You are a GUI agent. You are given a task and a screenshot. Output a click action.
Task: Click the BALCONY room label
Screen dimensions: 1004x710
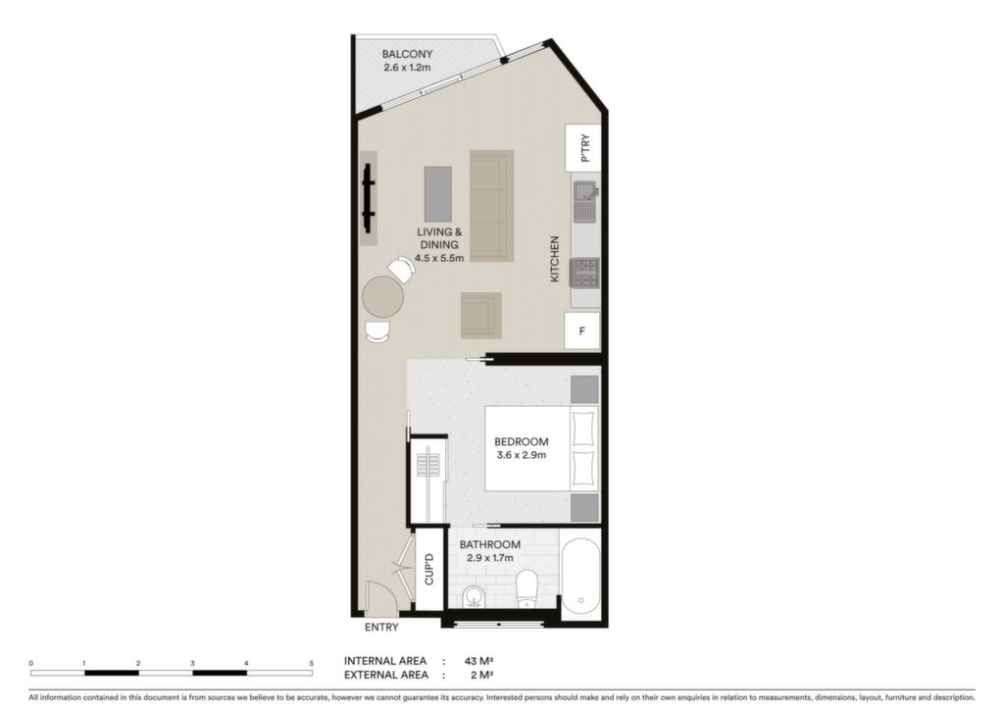[x=407, y=54]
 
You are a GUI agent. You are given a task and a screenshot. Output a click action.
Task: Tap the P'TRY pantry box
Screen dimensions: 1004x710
[x=582, y=148]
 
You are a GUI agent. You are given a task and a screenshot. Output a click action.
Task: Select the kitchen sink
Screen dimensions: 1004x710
[x=586, y=201]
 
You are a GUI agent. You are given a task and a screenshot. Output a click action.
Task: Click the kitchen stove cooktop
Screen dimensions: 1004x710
[x=585, y=272]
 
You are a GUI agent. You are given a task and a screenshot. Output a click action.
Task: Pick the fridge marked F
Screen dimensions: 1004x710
[x=582, y=331]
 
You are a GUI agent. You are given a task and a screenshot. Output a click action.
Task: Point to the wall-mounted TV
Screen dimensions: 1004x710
[x=369, y=199]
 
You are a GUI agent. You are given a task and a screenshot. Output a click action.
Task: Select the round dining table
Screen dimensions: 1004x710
[x=383, y=296]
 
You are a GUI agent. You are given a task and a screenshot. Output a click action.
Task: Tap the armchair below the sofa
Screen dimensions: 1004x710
[x=480, y=315]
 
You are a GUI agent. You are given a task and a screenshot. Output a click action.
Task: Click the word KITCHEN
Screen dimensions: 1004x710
[x=555, y=259]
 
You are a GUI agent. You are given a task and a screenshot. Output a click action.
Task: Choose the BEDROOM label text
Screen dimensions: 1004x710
[x=522, y=441]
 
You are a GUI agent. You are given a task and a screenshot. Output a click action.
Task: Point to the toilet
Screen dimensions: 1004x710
[x=527, y=587]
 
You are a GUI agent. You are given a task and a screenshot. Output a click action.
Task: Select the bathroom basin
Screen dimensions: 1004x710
[x=474, y=596]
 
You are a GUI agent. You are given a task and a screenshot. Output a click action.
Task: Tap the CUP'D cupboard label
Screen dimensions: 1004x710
[x=429, y=569]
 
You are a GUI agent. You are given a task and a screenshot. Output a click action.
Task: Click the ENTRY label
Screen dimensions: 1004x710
[x=381, y=628]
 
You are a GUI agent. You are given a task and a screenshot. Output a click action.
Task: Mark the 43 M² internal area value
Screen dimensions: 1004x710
[x=478, y=661]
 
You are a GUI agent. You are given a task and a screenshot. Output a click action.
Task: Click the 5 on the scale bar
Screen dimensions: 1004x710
[x=311, y=663]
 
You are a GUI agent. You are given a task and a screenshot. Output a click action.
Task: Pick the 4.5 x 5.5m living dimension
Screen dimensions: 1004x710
[x=439, y=258]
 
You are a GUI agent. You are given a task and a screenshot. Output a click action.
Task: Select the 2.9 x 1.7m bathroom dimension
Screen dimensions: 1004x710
[x=490, y=558]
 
